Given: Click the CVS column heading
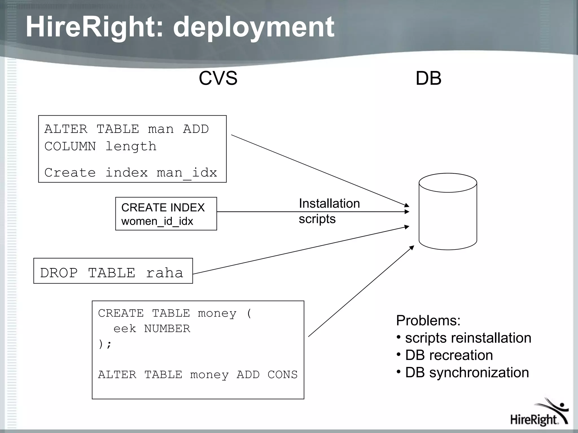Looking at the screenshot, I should click(218, 78).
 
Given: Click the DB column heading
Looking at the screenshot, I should click(428, 78).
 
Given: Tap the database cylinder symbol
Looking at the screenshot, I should click(448, 211).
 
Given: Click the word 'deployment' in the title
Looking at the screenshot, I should click(253, 27).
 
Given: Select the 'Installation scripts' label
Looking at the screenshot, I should click(329, 211).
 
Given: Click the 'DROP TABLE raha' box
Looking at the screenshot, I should click(113, 271).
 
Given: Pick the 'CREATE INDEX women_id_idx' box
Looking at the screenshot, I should click(166, 214).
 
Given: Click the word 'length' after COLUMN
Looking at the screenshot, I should click(131, 146).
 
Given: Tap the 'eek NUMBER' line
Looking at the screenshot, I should click(152, 329).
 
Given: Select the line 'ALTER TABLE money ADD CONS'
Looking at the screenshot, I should click(198, 375).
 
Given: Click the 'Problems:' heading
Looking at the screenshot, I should click(428, 321).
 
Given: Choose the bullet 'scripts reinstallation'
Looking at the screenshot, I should click(468, 338).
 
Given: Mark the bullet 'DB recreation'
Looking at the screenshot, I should click(449, 355).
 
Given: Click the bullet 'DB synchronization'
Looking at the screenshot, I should click(467, 372).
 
